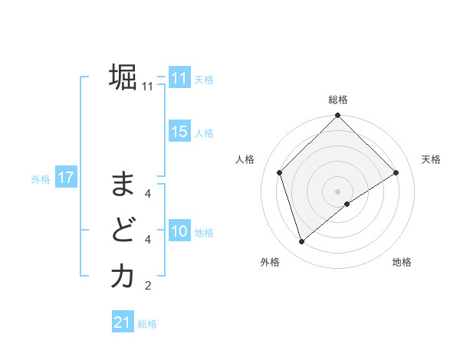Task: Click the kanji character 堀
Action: pos(122,78)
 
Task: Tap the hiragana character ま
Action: pos(122,185)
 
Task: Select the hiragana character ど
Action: pos(122,230)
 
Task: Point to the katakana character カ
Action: pos(122,276)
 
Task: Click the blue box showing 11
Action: pos(179,79)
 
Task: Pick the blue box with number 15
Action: pos(179,132)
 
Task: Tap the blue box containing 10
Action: pos(179,231)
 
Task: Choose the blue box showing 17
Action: pos(65,178)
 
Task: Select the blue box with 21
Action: pos(123,322)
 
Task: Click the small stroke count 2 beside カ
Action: pos(147,286)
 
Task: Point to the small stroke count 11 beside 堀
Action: pos(147,87)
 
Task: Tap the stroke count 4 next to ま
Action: pos(147,194)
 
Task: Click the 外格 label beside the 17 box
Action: pos(41,179)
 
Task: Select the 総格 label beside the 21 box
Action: pos(147,324)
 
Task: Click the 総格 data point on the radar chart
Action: pos(337,116)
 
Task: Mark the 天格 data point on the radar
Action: pos(396,172)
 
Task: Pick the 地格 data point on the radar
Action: pos(347,203)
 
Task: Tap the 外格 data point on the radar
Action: pos(302,242)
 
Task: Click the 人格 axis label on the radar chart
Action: pos(245,159)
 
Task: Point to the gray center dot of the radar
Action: pos(337,191)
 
